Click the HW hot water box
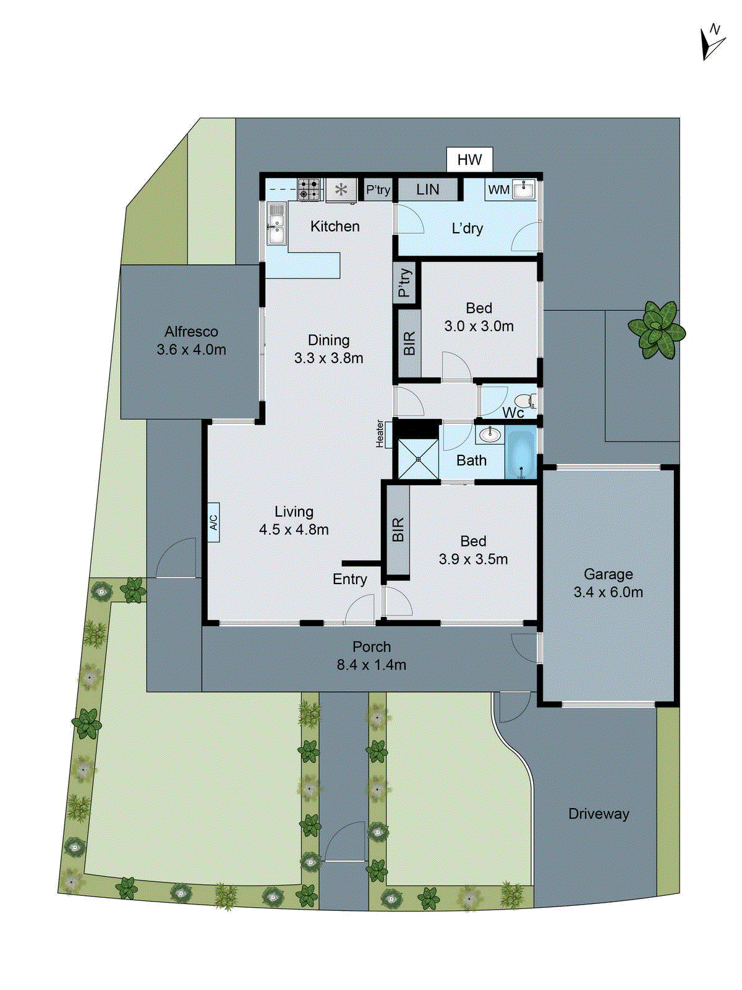tap(469, 160)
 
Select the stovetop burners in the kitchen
tap(309, 189)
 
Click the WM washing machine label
tap(498, 190)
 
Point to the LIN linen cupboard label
tap(428, 189)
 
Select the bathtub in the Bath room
tap(521, 452)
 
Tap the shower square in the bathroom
tap(418, 458)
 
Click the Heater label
tap(380, 434)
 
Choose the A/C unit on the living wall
tap(213, 522)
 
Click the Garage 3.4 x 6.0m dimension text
tap(608, 592)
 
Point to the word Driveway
tap(599, 814)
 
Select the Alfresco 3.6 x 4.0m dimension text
tap(191, 349)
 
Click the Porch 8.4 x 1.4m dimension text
tap(371, 665)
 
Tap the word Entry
tap(349, 579)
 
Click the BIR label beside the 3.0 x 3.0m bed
tap(409, 343)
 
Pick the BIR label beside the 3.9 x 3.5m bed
tap(398, 530)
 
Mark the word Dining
tap(328, 340)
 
